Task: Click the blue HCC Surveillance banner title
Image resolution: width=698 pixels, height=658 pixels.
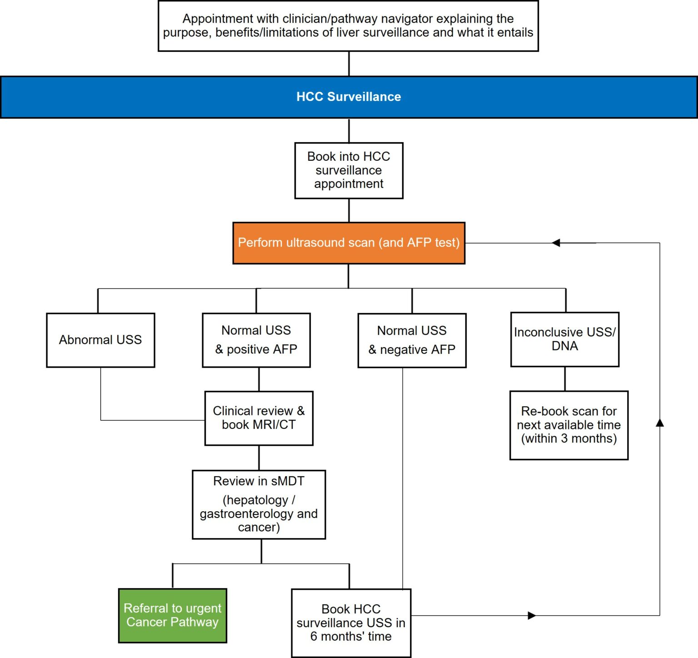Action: coord(349,97)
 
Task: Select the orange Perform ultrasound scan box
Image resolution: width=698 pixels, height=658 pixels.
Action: coord(349,243)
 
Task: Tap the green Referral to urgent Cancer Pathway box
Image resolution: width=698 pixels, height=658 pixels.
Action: coord(172,615)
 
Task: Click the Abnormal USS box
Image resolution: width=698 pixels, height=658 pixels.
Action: coord(100,340)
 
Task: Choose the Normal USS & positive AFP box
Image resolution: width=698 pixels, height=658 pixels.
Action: coord(256,340)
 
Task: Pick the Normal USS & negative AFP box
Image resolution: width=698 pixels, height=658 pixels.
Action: coord(412,340)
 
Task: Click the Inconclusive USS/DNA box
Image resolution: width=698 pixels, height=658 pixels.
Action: coord(565,339)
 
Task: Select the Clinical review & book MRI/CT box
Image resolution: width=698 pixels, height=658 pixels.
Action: coord(259,418)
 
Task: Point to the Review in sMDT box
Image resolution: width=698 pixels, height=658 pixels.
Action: coord(259,504)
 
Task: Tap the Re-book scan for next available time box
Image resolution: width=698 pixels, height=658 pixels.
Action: coord(569,425)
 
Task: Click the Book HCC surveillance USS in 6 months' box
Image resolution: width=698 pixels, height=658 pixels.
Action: coord(351,623)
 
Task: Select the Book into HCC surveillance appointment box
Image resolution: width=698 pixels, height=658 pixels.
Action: coord(349,170)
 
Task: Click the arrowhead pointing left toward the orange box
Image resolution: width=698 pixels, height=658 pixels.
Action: coord(556,243)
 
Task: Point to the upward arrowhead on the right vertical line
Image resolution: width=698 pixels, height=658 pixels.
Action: coord(660,423)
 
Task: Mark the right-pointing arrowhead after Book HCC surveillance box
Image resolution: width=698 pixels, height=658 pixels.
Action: coord(532,616)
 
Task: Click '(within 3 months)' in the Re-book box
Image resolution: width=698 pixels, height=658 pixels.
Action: coord(569,439)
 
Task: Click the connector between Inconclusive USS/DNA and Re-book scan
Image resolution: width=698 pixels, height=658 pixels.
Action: coord(565,379)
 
